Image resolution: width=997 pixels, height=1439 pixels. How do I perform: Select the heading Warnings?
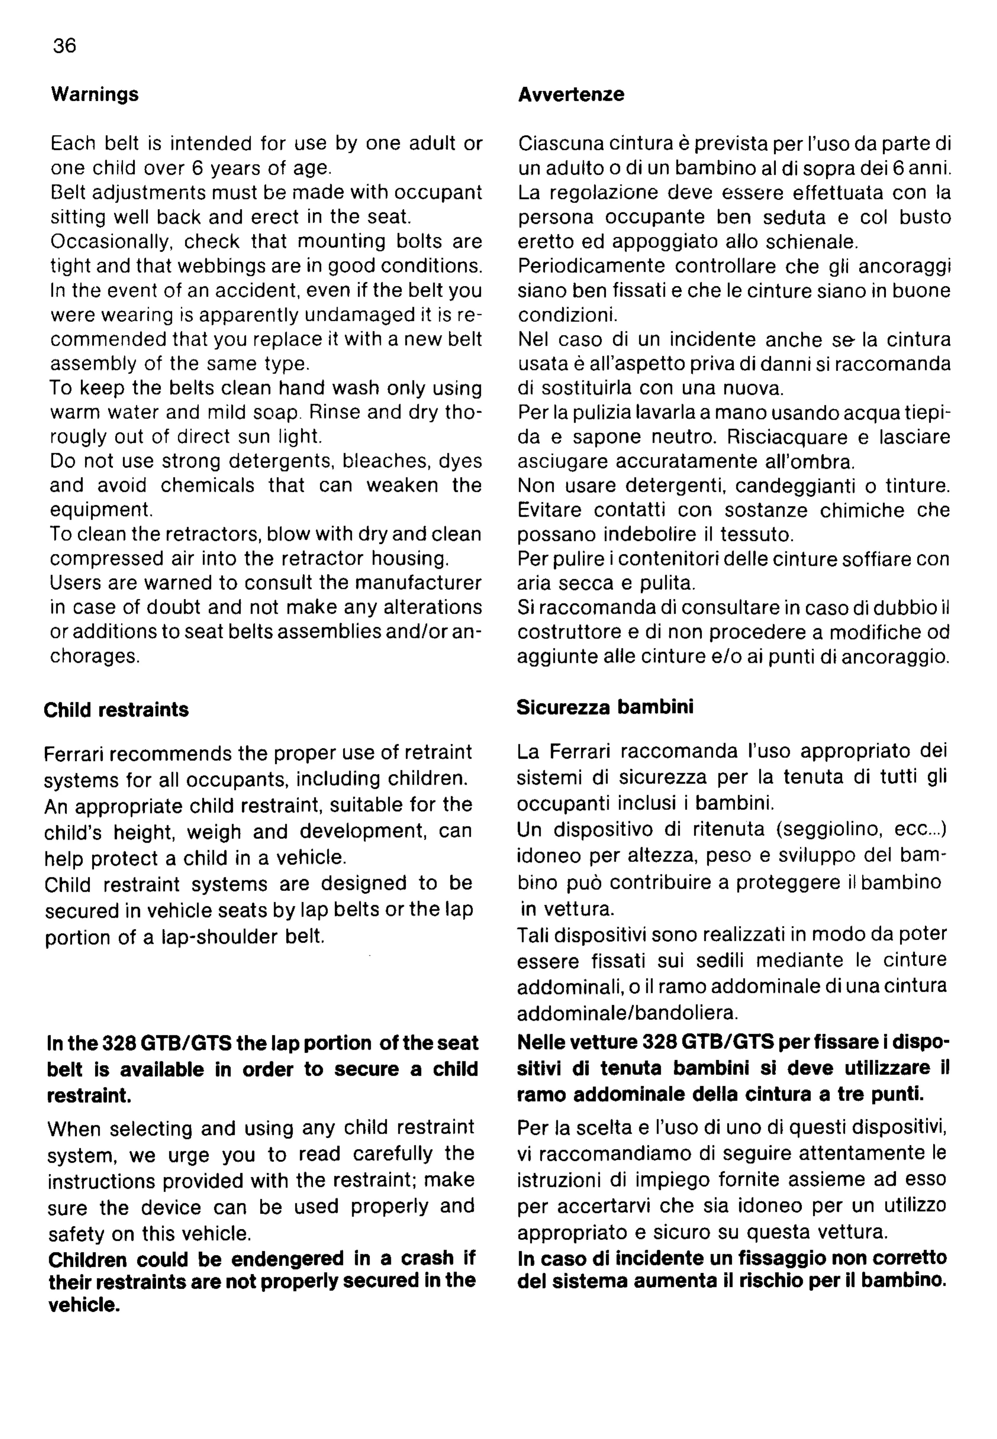[94, 94]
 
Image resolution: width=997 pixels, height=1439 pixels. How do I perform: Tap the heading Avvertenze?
[571, 94]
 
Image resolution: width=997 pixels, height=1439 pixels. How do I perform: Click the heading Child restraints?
[116, 710]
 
